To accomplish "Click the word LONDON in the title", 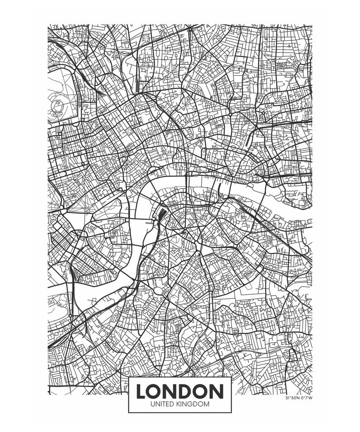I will point(180,391).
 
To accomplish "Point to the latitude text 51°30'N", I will point(293,398).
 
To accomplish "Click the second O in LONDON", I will point(202,391).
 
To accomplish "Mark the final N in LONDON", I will point(217,391).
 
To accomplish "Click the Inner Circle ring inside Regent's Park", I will point(57,106).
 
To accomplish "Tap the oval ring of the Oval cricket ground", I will point(158,290).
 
